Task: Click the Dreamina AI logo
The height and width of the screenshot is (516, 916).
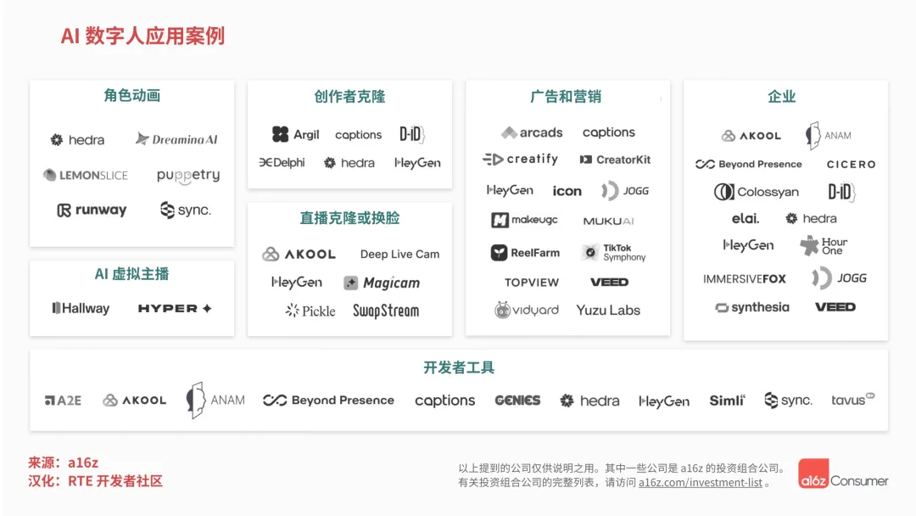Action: [x=176, y=139]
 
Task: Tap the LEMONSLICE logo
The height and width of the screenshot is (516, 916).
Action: [x=86, y=176]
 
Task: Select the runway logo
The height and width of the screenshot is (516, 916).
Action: [x=92, y=210]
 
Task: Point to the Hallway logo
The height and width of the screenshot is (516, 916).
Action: [x=81, y=308]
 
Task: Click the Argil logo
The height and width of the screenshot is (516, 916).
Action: [x=295, y=134]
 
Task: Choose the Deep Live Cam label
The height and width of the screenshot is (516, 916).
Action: [x=399, y=254]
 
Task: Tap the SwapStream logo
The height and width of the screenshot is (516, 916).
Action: [x=386, y=311]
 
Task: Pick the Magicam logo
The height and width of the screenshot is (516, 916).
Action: [x=382, y=283]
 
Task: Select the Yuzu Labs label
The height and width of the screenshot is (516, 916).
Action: [x=608, y=310]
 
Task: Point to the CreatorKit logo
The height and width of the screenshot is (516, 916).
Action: [x=615, y=160]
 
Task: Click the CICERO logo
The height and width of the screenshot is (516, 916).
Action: [x=851, y=165]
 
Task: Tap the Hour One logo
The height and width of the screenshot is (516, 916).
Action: [x=824, y=246]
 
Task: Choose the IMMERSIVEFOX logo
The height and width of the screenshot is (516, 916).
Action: [x=745, y=278]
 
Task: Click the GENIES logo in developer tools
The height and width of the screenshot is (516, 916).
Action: [x=517, y=401]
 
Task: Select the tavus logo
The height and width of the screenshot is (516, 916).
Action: [x=852, y=400]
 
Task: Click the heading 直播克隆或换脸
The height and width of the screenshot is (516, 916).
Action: [x=349, y=218]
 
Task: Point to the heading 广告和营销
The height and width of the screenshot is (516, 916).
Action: [x=566, y=97]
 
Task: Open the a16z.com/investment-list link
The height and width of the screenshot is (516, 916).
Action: [x=700, y=482]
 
